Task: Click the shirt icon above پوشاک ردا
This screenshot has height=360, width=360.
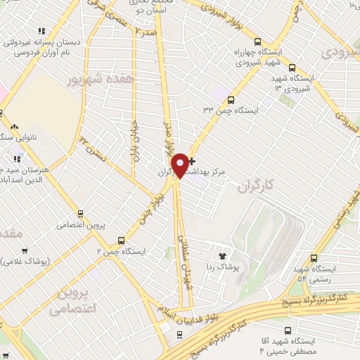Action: [224, 257]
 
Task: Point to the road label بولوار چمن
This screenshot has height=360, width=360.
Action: [155, 206]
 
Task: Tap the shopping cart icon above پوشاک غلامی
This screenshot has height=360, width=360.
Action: [25, 250]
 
